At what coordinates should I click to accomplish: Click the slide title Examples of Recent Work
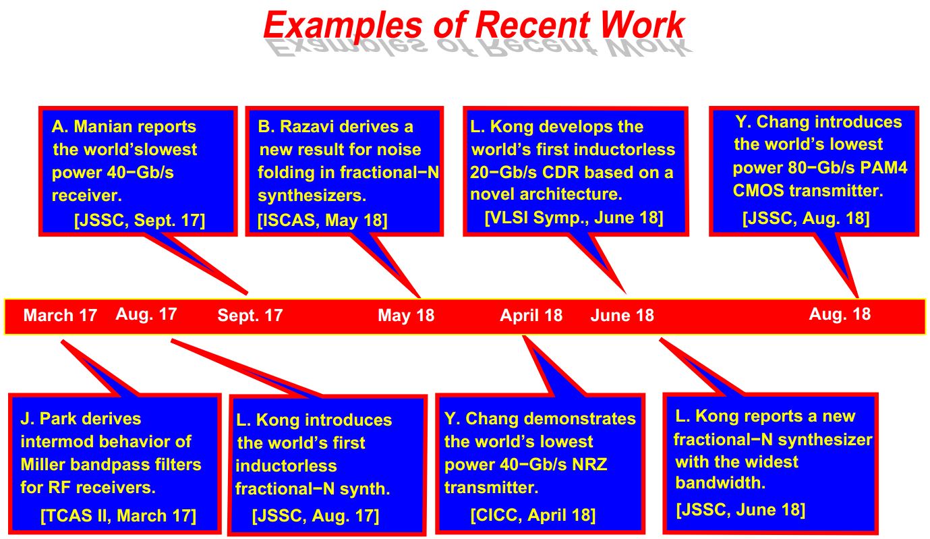[474, 25]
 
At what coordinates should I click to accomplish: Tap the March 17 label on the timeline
[60, 315]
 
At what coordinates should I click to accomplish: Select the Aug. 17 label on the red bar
[146, 314]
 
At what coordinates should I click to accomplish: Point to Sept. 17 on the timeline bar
[250, 316]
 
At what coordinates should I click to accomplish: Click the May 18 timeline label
[406, 316]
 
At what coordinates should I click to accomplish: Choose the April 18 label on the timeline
[531, 316]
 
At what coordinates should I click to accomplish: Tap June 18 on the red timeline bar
[622, 316]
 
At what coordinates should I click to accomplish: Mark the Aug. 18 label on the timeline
[840, 314]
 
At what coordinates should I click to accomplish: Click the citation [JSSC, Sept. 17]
[140, 220]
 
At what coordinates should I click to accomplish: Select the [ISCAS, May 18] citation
[322, 220]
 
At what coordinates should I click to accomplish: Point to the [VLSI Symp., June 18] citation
[574, 218]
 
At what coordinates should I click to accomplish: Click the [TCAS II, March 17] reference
[118, 516]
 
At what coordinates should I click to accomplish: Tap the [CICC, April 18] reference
[533, 515]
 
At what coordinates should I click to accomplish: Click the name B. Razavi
[302, 127]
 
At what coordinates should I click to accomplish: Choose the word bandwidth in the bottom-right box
[720, 482]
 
